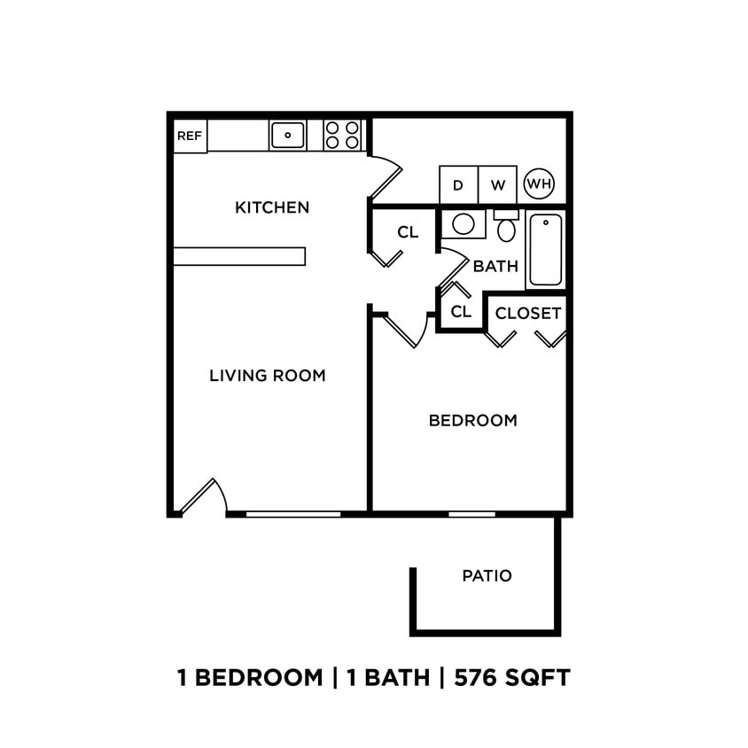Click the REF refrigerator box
[190, 136]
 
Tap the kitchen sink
[287, 135]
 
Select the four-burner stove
[343, 135]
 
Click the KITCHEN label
[272, 207]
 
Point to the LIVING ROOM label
[268, 375]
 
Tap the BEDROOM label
[472, 420]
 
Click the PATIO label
[487, 576]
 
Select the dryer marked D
[458, 185]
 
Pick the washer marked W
[498, 185]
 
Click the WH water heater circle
[539, 184]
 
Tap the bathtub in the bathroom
[546, 249]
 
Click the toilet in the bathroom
[506, 228]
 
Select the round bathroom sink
[464, 223]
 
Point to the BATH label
[495, 266]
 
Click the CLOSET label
[527, 314]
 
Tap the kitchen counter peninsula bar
[239, 256]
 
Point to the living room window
[292, 514]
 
